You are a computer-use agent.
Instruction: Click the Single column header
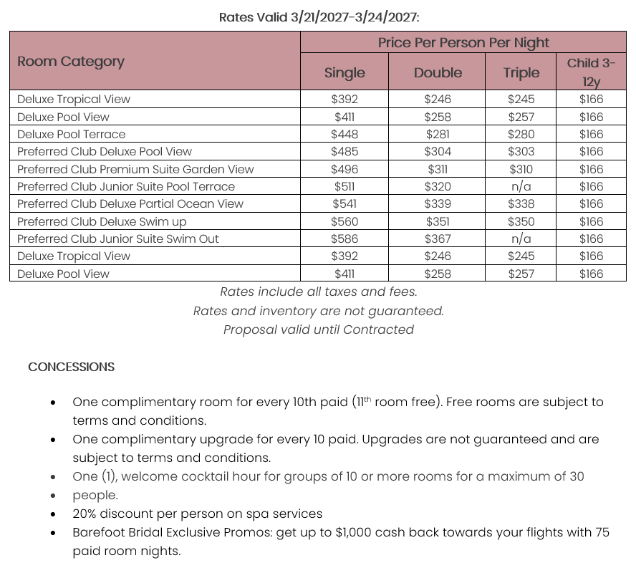pyautogui.click(x=344, y=72)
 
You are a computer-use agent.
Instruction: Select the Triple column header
pyautogui.click(x=521, y=72)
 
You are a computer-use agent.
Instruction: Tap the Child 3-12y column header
pyautogui.click(x=591, y=72)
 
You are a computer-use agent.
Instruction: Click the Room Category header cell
pyautogui.click(x=71, y=61)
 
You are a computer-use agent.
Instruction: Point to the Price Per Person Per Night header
pyautogui.click(x=463, y=43)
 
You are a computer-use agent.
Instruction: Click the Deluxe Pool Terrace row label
pyautogui.click(x=71, y=134)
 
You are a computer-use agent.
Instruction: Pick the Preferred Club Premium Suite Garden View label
pyautogui.click(x=135, y=169)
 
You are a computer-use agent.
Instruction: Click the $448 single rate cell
pyautogui.click(x=344, y=134)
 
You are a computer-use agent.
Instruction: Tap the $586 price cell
pyautogui.click(x=344, y=239)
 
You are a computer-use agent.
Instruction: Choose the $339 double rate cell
pyautogui.click(x=438, y=203)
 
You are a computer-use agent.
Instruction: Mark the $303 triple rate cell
pyautogui.click(x=521, y=151)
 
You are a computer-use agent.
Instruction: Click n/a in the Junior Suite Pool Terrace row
pyautogui.click(x=521, y=186)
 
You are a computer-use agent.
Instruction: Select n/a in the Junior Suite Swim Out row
pyautogui.click(x=521, y=239)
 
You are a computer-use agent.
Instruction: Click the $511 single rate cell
pyautogui.click(x=344, y=186)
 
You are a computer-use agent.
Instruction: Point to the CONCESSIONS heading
pyautogui.click(x=71, y=367)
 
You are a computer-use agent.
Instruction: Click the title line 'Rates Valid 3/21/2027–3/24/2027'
pyautogui.click(x=319, y=17)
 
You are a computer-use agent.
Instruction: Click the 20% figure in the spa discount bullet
pyautogui.click(x=85, y=514)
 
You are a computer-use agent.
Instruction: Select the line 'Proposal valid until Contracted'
pyautogui.click(x=319, y=329)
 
